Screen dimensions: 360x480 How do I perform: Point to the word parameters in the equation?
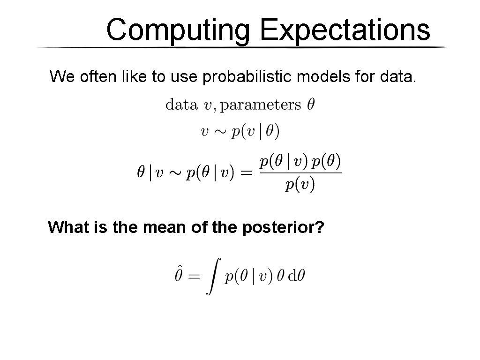260,105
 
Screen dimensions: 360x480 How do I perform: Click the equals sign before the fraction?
246,173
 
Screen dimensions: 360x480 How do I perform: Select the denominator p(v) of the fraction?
300,185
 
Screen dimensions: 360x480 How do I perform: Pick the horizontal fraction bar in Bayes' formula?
300,173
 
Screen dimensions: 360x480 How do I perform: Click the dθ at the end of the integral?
296,276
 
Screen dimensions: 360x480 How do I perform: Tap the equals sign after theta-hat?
194,277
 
